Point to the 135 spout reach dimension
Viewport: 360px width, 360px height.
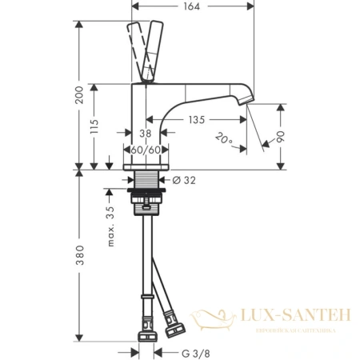pyautogui.click(x=196, y=120)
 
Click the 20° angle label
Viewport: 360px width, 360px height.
pyautogui.click(x=225, y=141)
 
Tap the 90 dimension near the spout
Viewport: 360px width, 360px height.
pyautogui.click(x=276, y=137)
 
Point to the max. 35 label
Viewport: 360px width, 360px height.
pyautogui.click(x=111, y=225)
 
